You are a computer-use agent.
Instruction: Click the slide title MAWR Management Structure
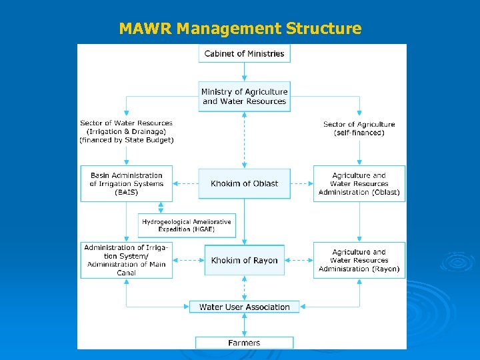click(240, 29)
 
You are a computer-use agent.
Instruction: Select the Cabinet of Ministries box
click(244, 53)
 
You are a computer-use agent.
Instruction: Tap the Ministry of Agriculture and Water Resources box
click(245, 97)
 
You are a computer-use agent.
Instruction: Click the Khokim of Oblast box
click(245, 183)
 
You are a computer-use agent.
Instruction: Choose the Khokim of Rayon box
click(245, 260)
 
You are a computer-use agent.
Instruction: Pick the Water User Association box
click(245, 307)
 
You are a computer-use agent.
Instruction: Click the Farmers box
click(244, 343)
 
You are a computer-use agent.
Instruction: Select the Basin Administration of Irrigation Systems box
click(126, 183)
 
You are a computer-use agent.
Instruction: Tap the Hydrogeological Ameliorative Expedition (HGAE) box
click(187, 225)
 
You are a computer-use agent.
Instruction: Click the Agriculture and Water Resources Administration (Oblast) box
click(359, 183)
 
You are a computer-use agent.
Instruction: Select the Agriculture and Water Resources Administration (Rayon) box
click(359, 260)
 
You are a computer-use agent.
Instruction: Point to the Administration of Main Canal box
click(126, 260)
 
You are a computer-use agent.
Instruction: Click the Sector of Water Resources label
click(126, 131)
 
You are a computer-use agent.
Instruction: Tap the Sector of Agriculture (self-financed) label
click(359, 128)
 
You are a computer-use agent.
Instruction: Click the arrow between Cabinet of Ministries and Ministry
click(245, 72)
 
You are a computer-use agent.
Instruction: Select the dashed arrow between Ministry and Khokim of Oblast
click(245, 140)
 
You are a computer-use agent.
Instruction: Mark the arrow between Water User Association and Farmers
click(245, 325)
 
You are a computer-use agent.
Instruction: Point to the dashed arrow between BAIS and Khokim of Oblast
click(185, 183)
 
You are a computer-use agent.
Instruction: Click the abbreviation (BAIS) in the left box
click(126, 192)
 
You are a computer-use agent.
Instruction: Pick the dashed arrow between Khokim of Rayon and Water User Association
click(245, 288)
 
